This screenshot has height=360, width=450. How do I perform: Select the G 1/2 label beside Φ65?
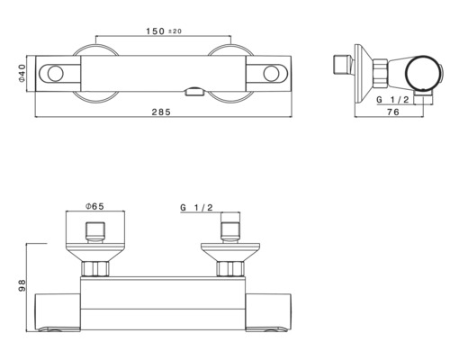195,208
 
